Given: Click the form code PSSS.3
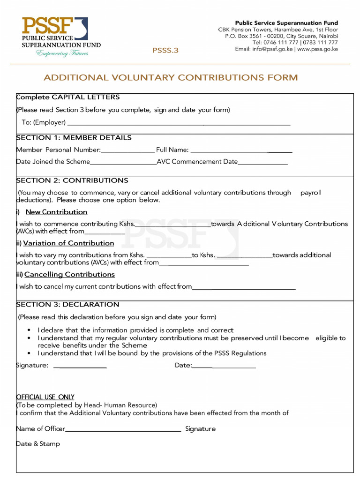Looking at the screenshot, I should click(165, 50).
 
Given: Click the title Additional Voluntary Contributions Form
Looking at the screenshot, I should click(171, 77).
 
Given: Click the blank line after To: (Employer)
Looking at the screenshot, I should click(179, 123).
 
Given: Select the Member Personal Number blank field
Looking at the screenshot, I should click(127, 151).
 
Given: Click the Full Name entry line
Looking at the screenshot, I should click(241, 151).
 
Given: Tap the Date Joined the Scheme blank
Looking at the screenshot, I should click(123, 163).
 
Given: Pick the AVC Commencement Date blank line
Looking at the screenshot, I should click(262, 163).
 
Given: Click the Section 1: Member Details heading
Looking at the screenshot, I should click(74, 138).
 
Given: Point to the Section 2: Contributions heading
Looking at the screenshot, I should click(72, 180).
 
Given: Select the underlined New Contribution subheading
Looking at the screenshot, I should click(56, 212).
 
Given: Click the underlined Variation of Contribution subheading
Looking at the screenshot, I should click(68, 243).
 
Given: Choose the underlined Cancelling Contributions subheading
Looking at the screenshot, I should click(69, 274).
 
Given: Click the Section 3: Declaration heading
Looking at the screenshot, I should click(67, 305).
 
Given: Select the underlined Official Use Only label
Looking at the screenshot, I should click(45, 397).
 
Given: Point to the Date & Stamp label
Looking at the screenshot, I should click(38, 444).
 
